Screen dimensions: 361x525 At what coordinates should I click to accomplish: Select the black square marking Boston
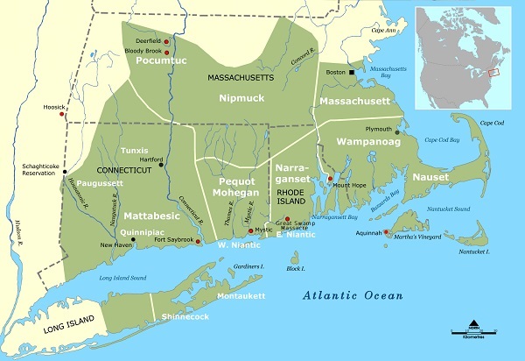(351, 72)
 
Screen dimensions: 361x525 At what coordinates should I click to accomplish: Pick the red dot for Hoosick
(61, 114)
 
